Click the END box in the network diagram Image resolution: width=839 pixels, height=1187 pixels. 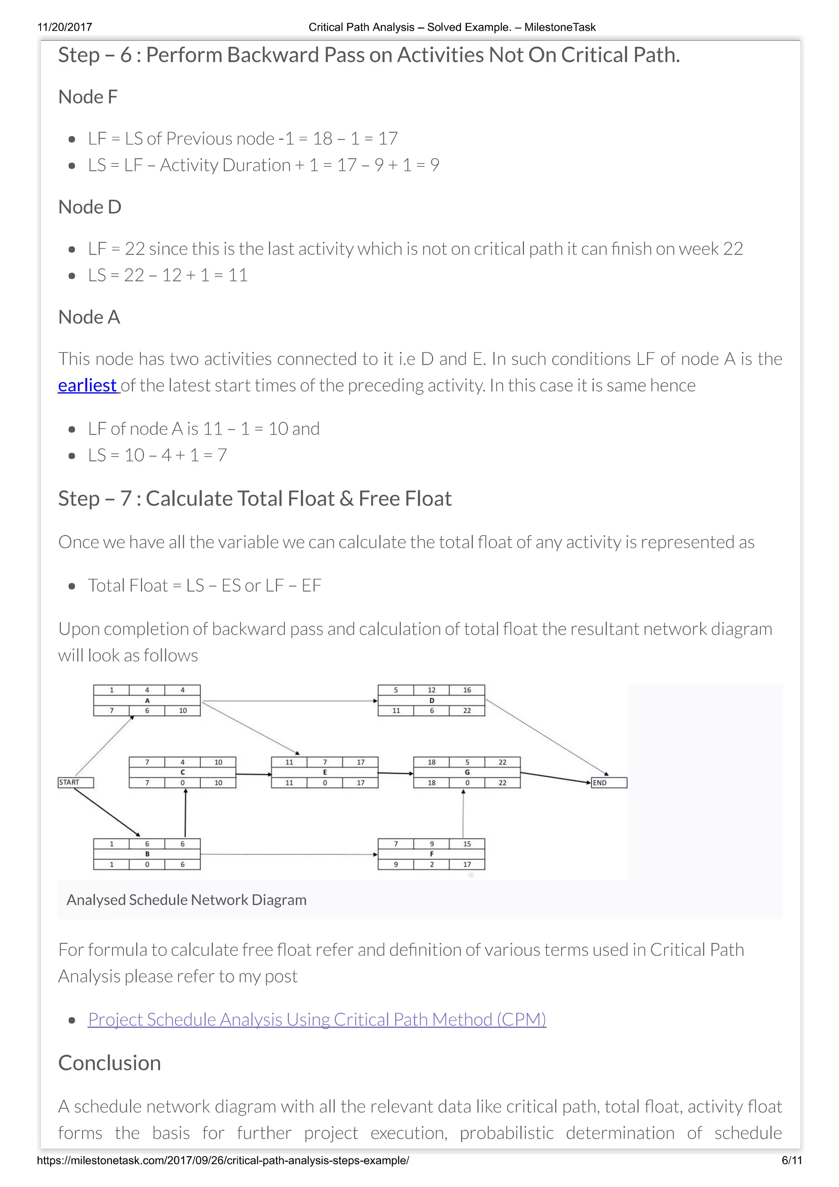click(x=609, y=783)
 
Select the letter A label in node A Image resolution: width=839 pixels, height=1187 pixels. click(x=147, y=700)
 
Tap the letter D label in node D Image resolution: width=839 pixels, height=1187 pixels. click(x=431, y=700)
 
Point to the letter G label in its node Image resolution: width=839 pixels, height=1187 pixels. click(x=467, y=772)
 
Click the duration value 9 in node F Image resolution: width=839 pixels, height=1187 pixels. click(x=431, y=844)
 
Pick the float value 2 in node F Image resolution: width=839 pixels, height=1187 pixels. click(x=431, y=864)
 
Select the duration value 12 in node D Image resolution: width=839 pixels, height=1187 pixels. click(x=431, y=690)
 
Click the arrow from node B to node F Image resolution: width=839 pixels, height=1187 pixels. click(x=289, y=854)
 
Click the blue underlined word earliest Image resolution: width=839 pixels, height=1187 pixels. click(x=87, y=386)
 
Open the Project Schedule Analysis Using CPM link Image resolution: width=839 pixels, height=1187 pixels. click(x=317, y=1019)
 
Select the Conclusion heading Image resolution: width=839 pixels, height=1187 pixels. click(x=109, y=1063)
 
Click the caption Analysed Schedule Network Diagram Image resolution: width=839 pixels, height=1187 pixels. click(x=186, y=900)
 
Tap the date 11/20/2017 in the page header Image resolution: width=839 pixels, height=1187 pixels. click(x=65, y=27)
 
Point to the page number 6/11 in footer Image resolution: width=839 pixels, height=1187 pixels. click(x=791, y=1161)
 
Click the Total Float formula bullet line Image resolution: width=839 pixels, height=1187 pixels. click(x=204, y=585)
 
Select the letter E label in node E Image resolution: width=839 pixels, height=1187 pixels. click(x=325, y=772)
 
